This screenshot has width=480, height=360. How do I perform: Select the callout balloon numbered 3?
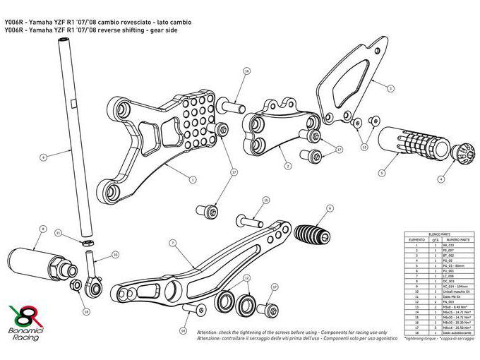click(390, 88)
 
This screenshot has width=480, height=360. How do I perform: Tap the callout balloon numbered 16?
click(246, 71)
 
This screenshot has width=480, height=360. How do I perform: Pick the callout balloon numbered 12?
click(246, 280)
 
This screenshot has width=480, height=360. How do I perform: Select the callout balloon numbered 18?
click(85, 311)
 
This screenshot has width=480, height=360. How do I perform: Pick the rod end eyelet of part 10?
click(92, 287)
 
